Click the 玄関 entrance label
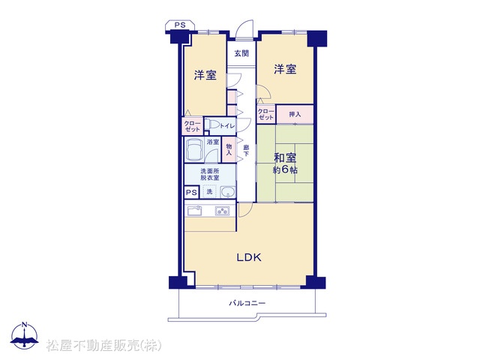241,53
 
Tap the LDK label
249,257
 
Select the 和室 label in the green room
285,158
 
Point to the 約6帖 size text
285,170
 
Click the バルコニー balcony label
247,303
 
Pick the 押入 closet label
295,115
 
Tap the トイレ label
227,126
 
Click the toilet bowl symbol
212,125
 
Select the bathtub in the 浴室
193,149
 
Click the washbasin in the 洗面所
227,192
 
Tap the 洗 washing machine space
209,192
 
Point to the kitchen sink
194,211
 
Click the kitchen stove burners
223,211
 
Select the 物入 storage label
229,149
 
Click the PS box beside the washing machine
192,193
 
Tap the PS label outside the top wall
180,25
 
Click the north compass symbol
25,336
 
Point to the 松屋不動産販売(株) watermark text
103,346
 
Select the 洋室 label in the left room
205,75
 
